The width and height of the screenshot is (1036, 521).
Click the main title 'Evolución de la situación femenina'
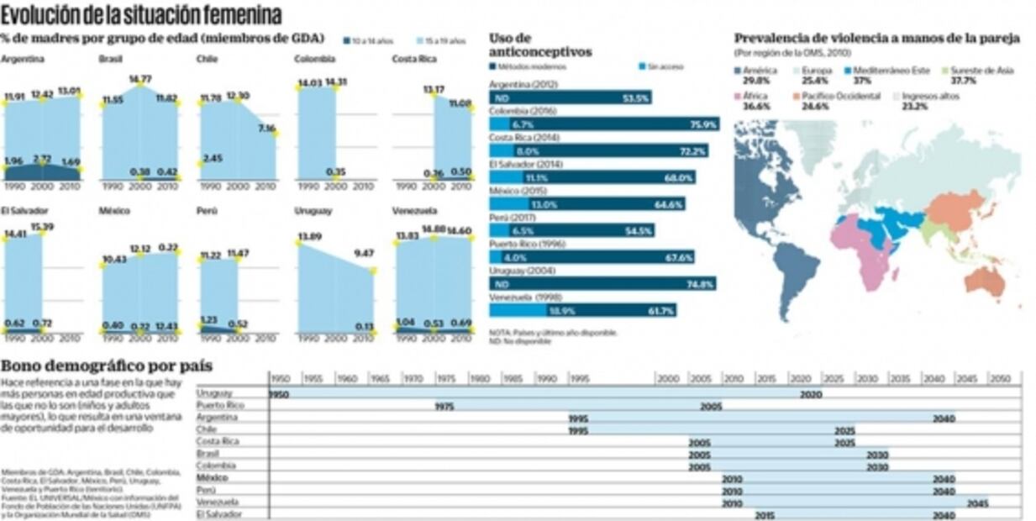(x=141, y=14)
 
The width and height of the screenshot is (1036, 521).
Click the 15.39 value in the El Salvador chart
(x=40, y=227)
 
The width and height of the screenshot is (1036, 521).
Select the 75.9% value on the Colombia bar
(x=702, y=124)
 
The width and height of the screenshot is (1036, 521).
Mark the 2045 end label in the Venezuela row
(x=977, y=503)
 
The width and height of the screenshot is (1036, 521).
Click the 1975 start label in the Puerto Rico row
(x=445, y=405)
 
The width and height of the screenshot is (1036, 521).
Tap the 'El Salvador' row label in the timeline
(x=218, y=514)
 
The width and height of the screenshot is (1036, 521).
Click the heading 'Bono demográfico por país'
(x=106, y=366)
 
